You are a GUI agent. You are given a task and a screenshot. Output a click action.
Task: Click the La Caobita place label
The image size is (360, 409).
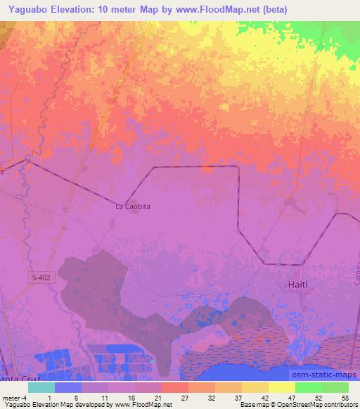coord(133,207)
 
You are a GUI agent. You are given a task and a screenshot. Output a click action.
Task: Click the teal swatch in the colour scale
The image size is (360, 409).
coord(41,387)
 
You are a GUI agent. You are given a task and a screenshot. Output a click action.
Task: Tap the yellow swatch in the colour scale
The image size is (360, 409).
coord(281,387)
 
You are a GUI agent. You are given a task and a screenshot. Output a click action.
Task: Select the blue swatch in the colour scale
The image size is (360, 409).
coord(68,387)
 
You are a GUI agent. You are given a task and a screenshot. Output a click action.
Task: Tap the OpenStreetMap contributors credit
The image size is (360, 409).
coord(324,405)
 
